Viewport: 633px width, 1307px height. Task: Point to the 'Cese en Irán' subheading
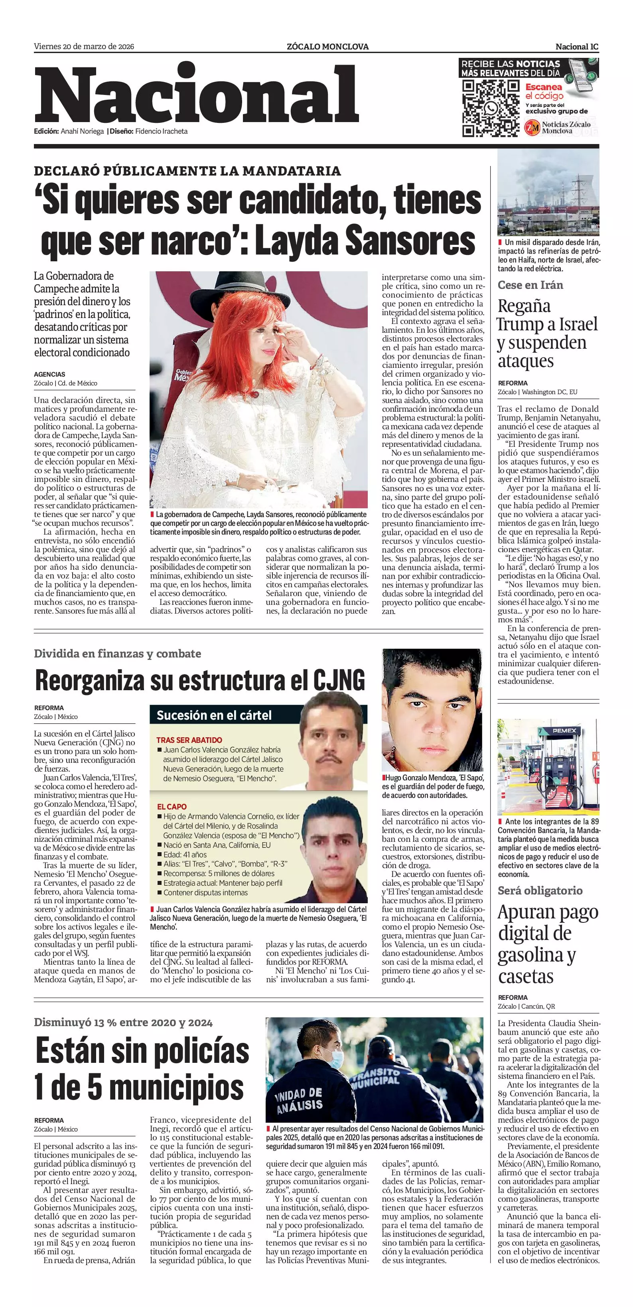(530, 285)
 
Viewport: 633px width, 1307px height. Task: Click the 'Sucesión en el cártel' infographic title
(214, 715)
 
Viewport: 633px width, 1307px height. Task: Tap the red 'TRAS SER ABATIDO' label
(189, 740)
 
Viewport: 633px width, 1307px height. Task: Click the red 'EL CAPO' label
(172, 806)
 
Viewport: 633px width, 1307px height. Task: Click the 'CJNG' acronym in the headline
(338, 680)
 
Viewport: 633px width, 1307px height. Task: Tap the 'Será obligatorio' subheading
(540, 890)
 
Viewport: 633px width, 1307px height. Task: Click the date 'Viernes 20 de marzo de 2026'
(84, 47)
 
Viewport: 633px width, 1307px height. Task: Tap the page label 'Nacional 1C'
(577, 47)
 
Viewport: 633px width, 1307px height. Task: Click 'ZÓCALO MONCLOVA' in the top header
(327, 47)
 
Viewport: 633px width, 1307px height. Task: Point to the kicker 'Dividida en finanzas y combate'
(117, 653)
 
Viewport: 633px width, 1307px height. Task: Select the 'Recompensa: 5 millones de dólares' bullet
(219, 873)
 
